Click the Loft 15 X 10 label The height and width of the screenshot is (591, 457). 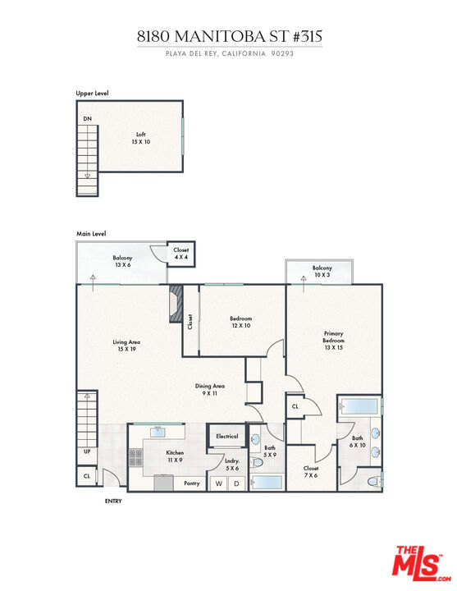[x=141, y=138]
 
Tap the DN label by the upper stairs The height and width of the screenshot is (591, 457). [x=88, y=119]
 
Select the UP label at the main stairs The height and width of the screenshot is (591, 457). [x=87, y=451]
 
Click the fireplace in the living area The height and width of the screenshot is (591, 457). [x=176, y=304]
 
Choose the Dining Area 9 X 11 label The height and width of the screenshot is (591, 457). [x=210, y=389]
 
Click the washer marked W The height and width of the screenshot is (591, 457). [x=219, y=483]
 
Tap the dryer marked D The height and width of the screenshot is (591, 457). [x=236, y=483]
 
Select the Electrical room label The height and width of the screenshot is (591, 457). [x=227, y=436]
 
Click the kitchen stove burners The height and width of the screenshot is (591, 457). [x=136, y=457]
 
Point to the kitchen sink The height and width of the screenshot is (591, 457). [x=158, y=432]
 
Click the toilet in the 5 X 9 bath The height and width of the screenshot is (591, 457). [x=258, y=462]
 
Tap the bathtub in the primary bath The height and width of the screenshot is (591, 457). [x=358, y=406]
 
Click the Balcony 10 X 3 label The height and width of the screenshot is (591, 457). [x=322, y=271]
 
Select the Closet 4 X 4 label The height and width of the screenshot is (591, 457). [x=181, y=254]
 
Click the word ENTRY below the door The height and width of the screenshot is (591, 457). [x=113, y=501]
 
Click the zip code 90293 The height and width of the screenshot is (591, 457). [x=282, y=53]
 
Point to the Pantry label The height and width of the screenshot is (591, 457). [x=192, y=483]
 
